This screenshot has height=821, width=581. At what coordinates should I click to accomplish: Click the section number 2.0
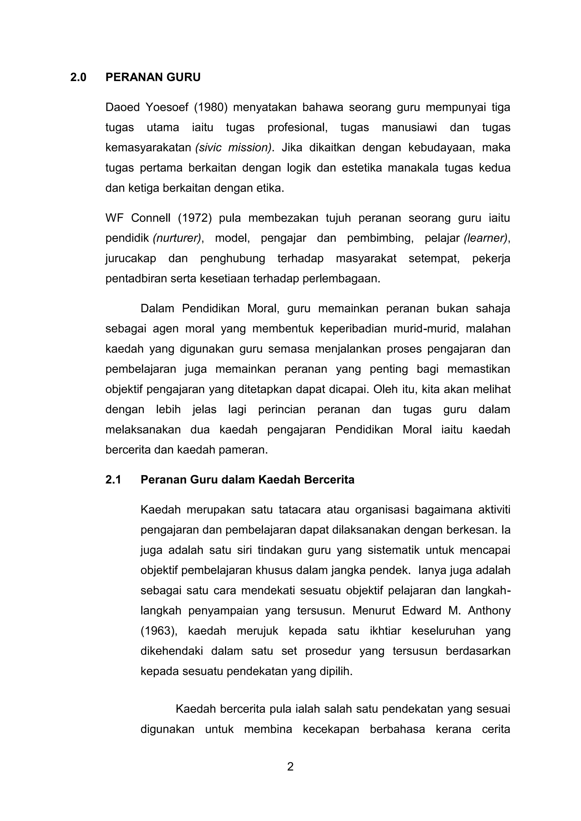(78, 77)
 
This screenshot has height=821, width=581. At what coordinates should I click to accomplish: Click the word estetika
(362, 168)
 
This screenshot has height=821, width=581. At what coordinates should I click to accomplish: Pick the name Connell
(151, 218)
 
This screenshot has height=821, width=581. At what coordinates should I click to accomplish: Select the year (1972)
(195, 218)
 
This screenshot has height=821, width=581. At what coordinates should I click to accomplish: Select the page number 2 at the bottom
(290, 767)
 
